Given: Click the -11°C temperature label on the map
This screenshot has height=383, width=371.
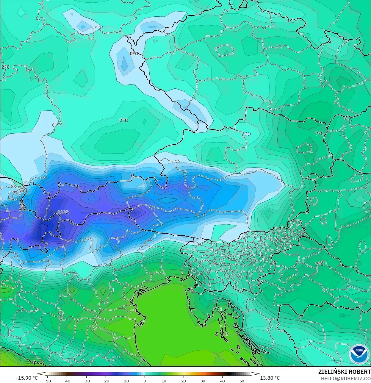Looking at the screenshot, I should pyautogui.click(x=62, y=212).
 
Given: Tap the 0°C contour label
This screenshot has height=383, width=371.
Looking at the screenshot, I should pyautogui.click(x=134, y=54).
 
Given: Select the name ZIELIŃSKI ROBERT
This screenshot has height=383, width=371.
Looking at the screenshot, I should pyautogui.click(x=344, y=372).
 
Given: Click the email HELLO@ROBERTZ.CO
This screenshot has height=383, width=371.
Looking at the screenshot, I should pyautogui.click(x=345, y=379).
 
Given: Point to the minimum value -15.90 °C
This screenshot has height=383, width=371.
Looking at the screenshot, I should pyautogui.click(x=27, y=378).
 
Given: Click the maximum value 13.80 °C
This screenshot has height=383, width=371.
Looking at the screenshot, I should pyautogui.click(x=270, y=378).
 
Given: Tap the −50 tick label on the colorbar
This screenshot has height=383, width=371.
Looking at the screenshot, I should pyautogui.click(x=47, y=381).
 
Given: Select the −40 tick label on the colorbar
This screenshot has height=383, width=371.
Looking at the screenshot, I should pyautogui.click(x=67, y=381).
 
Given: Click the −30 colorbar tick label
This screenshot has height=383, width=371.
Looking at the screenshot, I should pyautogui.click(x=86, y=381).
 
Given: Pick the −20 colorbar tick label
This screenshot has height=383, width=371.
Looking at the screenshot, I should pyautogui.click(x=106, y=381).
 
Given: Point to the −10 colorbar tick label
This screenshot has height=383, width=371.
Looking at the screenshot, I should pyautogui.click(x=125, y=381).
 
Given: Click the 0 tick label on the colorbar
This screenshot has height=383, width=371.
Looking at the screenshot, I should pyautogui.click(x=145, y=381).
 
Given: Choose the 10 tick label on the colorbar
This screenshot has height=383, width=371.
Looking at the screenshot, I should pyautogui.click(x=164, y=381).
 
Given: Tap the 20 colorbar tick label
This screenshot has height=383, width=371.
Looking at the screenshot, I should pyautogui.click(x=183, y=381).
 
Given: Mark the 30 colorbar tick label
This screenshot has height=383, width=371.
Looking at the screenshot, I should pyautogui.click(x=203, y=381).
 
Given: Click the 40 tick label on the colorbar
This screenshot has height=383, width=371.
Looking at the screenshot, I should pyautogui.click(x=222, y=381).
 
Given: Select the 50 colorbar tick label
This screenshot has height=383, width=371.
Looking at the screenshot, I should pyautogui.click(x=242, y=381).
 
